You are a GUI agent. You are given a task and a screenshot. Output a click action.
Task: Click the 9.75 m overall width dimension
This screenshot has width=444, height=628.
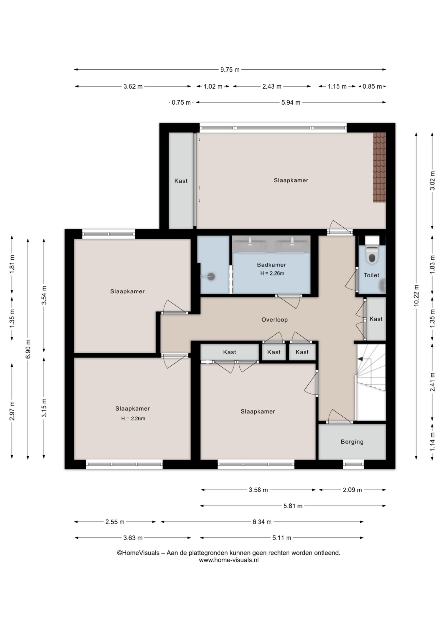coord(230,69)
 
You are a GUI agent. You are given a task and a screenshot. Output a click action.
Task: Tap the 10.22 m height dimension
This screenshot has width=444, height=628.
coord(416,295)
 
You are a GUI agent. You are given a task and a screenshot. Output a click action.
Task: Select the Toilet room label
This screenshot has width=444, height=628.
coord(371,275)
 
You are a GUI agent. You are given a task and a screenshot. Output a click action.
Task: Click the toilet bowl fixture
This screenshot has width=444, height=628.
coord(372,254)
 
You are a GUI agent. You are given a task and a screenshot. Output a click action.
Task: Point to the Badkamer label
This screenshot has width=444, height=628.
coord(271,265)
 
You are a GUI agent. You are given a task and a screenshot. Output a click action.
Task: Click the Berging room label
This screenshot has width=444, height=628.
coord(352,442)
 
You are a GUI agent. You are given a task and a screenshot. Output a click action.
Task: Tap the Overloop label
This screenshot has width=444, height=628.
coord(275,320)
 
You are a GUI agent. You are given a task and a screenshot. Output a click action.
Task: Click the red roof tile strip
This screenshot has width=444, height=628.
coord(379,167)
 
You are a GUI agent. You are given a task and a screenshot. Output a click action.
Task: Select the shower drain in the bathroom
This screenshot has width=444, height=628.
coord(212,276)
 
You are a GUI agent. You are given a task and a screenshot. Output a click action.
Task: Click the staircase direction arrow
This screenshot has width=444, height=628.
coord(360,359)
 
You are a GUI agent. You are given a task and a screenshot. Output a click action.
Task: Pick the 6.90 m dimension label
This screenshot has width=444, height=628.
coord(28,349)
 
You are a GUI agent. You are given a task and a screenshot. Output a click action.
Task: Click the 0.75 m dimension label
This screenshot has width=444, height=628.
coord(181,103)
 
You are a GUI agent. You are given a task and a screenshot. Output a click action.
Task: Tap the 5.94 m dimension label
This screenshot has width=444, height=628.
coord(291,103)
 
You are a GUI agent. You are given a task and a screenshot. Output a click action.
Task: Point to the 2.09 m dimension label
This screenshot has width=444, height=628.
coord(352,490)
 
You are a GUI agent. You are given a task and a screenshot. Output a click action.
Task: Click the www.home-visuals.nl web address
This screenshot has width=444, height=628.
coord(229,560)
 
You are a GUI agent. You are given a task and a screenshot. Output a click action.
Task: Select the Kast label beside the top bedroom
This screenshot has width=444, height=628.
coord(181,181)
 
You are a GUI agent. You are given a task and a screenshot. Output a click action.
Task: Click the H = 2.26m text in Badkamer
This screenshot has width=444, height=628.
coord(272,273)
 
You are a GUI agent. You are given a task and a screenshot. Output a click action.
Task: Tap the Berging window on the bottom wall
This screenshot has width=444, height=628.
coord(353,464)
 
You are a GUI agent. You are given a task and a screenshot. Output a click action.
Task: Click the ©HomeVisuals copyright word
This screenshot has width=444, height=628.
coord(138,553)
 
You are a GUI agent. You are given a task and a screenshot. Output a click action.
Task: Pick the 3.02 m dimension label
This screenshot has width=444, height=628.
coord(432,181)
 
